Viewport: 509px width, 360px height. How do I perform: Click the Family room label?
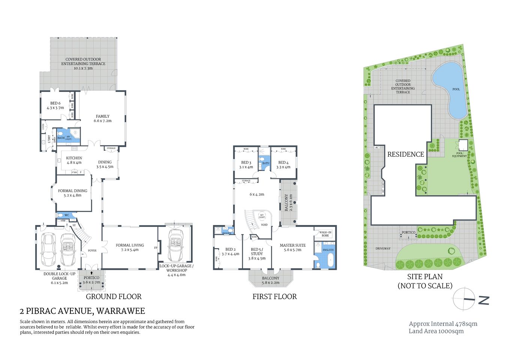click(x=102, y=118)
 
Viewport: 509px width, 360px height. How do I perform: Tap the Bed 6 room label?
click(x=55, y=105)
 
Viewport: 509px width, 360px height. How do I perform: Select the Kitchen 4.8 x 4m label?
click(x=74, y=160)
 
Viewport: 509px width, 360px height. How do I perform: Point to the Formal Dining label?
click(x=73, y=193)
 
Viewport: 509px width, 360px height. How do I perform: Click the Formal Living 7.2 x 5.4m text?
click(x=130, y=247)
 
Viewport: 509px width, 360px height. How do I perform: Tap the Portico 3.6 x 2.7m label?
click(x=91, y=280)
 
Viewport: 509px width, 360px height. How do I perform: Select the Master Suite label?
click(x=293, y=247)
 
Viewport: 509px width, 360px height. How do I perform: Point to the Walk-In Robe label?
click(x=325, y=234)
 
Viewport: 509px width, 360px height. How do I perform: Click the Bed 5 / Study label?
click(x=257, y=253)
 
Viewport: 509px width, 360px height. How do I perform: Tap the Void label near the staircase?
click(x=264, y=225)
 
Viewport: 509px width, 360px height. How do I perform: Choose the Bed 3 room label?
click(x=246, y=165)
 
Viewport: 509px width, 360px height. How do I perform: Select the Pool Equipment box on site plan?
click(x=463, y=145)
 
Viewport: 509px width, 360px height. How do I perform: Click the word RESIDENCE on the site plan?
click(x=406, y=154)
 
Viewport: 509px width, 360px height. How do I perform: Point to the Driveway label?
click(x=383, y=248)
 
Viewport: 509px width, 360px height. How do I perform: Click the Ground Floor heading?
click(x=114, y=297)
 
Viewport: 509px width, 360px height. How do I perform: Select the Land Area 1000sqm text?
click(x=436, y=331)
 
